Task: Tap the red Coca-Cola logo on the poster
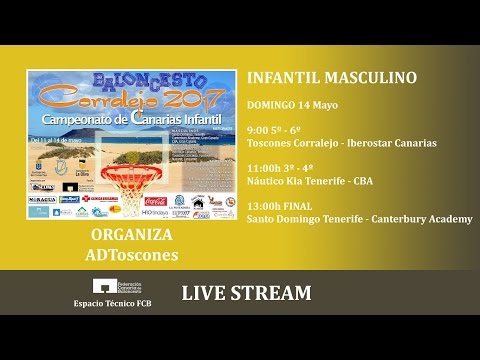(155, 201)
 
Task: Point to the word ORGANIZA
(131, 236)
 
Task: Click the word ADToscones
(131, 255)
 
